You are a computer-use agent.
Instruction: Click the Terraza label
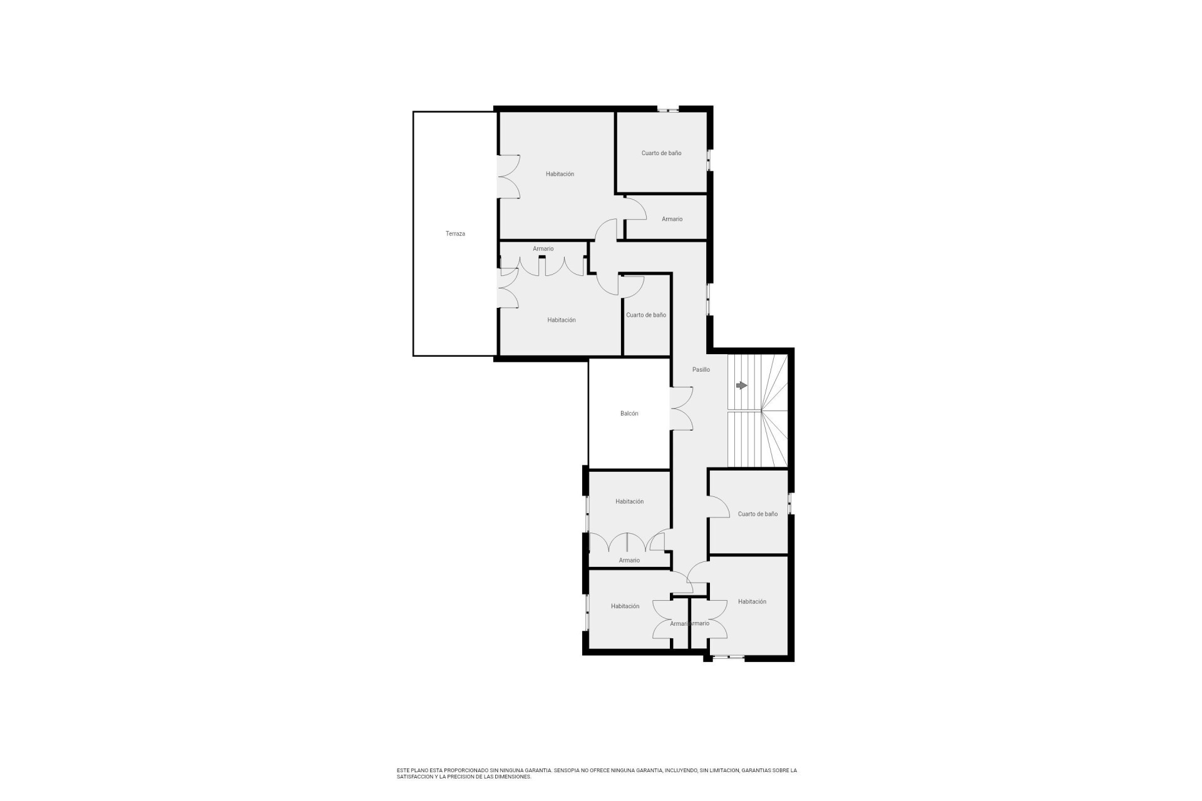455,234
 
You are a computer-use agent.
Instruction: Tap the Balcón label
629,414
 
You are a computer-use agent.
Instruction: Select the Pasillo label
701,370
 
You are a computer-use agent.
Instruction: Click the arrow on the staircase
742,385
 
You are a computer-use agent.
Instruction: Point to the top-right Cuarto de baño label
661,153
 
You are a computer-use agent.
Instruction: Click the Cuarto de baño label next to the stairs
758,514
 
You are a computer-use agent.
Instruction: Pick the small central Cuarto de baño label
646,315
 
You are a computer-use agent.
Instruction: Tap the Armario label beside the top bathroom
672,219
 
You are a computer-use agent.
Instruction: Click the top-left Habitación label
560,174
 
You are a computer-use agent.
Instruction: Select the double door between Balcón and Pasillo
682,409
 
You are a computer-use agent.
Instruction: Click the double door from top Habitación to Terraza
508,177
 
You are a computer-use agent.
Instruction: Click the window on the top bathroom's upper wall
668,110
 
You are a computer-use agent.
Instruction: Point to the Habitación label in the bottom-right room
752,602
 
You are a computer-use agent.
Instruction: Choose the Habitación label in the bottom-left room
625,606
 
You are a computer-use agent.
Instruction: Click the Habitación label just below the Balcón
629,502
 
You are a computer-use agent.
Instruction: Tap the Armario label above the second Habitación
543,249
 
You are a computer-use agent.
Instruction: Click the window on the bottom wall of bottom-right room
728,657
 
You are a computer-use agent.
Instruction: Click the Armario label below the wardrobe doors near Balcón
629,561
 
